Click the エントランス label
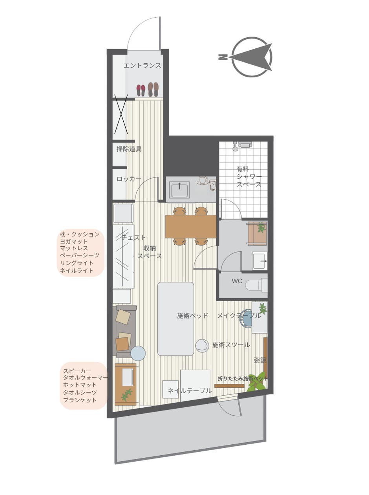point(142,66)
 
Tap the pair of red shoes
point(141,90)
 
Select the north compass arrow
point(252,57)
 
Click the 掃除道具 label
point(129,149)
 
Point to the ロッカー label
point(129,179)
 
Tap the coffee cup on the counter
point(203,180)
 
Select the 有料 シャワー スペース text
point(249,176)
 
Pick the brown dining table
point(191,226)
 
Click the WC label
point(237,281)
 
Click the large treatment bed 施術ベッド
point(175,319)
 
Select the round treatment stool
point(202,345)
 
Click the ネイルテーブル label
point(190,390)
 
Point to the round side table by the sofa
point(138,353)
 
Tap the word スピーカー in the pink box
point(77,371)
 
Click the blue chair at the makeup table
point(247,319)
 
